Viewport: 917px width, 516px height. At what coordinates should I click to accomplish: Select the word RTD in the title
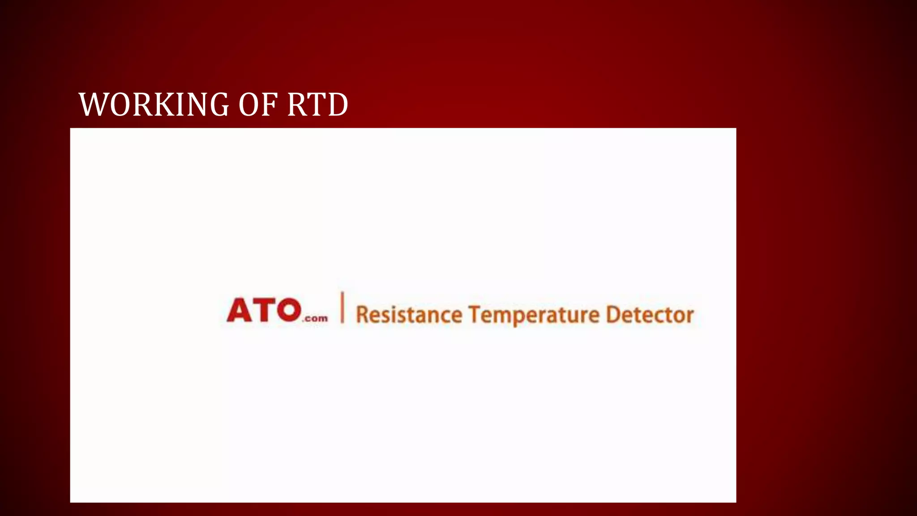tap(317, 104)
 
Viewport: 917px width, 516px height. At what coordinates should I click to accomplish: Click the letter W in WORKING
tap(93, 104)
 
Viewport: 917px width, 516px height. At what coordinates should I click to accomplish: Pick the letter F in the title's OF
tap(269, 104)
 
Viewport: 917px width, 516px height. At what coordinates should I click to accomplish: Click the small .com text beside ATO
tap(316, 318)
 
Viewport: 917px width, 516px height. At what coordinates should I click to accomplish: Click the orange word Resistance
tap(408, 314)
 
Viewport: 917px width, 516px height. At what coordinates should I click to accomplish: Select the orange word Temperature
tap(534, 314)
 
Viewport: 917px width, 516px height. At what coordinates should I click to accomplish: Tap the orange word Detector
tap(649, 314)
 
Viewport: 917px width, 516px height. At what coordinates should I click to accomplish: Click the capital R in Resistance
tap(361, 314)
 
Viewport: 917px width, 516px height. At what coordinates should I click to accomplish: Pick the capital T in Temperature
tap(475, 314)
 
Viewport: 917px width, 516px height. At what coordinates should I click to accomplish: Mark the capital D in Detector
tap(613, 314)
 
